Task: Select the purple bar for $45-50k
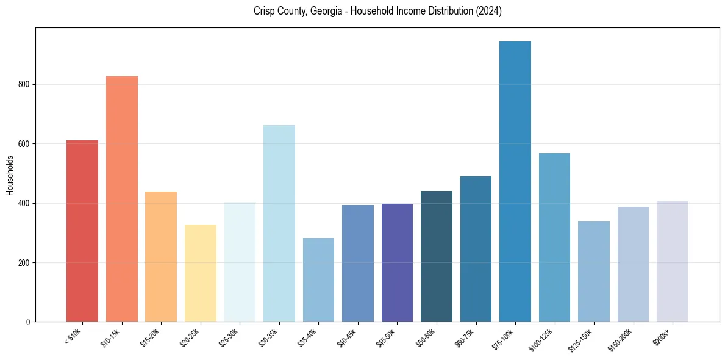(x=397, y=262)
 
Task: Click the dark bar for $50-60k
(x=437, y=256)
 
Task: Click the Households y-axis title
(x=10, y=175)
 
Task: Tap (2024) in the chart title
(x=490, y=11)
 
